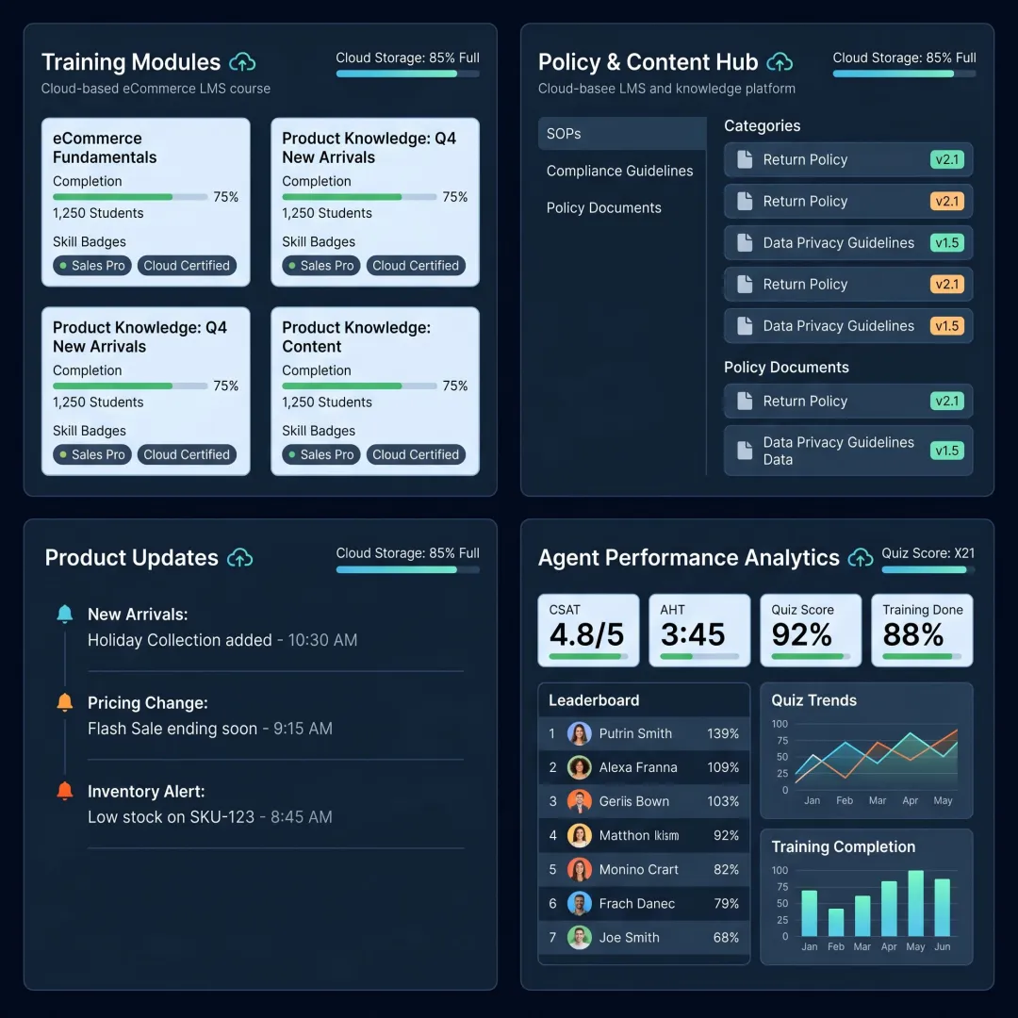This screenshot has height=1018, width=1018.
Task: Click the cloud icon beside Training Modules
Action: pyautogui.click(x=242, y=62)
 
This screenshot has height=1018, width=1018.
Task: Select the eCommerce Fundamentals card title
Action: pyautogui.click(x=105, y=148)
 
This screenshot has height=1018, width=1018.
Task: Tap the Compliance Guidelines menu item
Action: pyautogui.click(x=619, y=171)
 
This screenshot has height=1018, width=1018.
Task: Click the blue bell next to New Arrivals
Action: pyautogui.click(x=65, y=614)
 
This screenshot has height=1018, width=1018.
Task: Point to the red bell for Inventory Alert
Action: pyautogui.click(x=65, y=791)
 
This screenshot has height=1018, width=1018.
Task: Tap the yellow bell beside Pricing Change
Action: pyautogui.click(x=65, y=702)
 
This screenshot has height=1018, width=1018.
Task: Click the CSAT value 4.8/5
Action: pyautogui.click(x=586, y=634)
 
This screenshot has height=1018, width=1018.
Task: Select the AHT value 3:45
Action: pyautogui.click(x=692, y=634)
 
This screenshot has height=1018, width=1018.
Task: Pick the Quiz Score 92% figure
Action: pyautogui.click(x=801, y=634)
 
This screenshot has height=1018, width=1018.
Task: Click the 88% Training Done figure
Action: pyautogui.click(x=912, y=634)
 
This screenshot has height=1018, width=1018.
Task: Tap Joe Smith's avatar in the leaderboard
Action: pyautogui.click(x=579, y=938)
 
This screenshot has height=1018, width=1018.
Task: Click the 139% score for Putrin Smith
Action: pyautogui.click(x=723, y=733)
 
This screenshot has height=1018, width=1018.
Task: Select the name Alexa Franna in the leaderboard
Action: pyautogui.click(x=637, y=767)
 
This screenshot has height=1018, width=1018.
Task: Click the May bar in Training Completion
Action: pyautogui.click(x=915, y=903)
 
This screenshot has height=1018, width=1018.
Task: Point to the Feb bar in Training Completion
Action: pyautogui.click(x=835, y=922)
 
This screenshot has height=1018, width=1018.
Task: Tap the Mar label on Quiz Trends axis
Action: pyautogui.click(x=878, y=800)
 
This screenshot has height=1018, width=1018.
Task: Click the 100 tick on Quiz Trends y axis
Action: pyautogui.click(x=780, y=724)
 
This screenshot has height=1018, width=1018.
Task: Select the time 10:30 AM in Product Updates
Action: pyautogui.click(x=322, y=640)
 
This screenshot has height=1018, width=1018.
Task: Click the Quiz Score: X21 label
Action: pyautogui.click(x=928, y=553)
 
